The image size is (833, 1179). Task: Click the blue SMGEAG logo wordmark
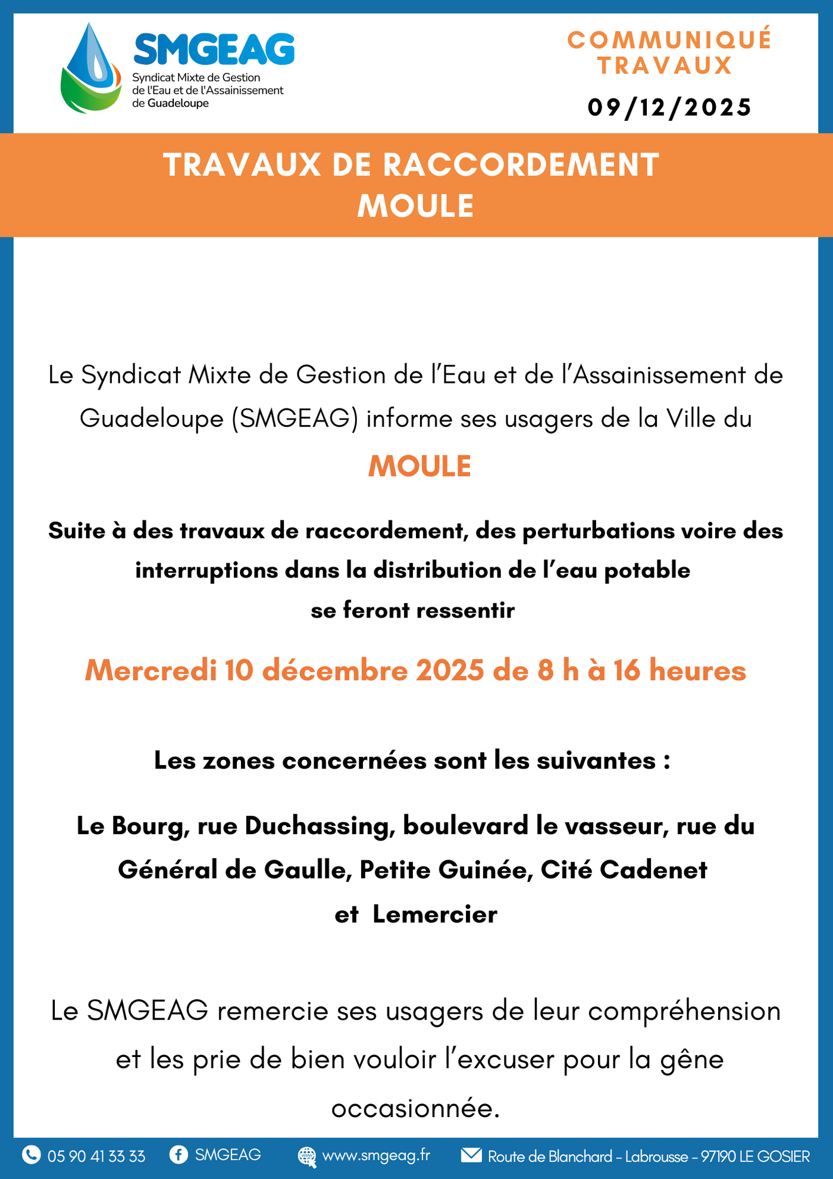click(x=214, y=49)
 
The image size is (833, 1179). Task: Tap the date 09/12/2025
click(x=669, y=108)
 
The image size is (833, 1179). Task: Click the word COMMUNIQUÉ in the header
click(x=669, y=40)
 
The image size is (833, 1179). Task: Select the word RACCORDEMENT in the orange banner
click(x=521, y=165)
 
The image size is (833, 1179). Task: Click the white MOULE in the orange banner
click(x=415, y=206)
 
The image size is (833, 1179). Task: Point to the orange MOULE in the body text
click(x=419, y=466)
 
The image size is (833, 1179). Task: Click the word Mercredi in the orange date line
click(x=151, y=670)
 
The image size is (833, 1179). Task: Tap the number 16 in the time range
click(x=627, y=670)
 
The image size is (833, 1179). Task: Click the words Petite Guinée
click(x=446, y=870)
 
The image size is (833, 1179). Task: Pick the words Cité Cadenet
click(x=624, y=870)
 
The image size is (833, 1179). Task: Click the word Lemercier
click(x=434, y=914)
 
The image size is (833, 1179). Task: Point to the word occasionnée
click(x=415, y=1108)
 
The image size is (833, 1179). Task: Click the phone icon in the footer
click(x=31, y=1155)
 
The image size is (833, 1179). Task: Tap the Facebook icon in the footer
click(x=178, y=1155)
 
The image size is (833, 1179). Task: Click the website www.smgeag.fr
click(x=376, y=1155)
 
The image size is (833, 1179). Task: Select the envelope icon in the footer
click(x=471, y=1155)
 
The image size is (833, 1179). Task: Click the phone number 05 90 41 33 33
click(x=96, y=1156)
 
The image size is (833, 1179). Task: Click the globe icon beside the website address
click(x=307, y=1156)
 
